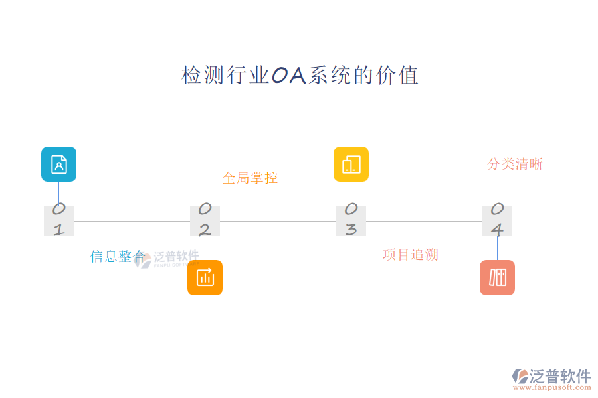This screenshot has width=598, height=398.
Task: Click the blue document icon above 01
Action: coord(58,164)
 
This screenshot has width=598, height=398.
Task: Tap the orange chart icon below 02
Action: coord(205,277)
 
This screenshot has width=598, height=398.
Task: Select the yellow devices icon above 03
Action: coord(351,164)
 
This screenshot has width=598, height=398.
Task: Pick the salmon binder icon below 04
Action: coord(497,277)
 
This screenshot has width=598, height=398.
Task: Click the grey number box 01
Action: coord(58,221)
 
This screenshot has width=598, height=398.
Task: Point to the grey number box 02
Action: coord(205,221)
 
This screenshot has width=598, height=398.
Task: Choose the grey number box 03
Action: coord(351,221)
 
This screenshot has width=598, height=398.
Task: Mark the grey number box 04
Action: coord(497,221)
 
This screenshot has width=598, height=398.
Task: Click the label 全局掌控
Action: coord(250,178)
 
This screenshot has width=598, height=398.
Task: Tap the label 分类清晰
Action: coord(515,164)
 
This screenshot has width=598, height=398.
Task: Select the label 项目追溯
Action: coord(411,255)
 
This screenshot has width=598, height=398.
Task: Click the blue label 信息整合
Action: coord(118,257)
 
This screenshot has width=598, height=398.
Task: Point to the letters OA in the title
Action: coord(289,76)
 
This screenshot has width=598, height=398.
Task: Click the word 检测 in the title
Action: coord(193,76)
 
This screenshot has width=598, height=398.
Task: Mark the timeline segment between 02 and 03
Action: coord(278,221)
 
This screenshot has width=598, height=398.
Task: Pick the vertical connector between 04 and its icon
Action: coord(497,248)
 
